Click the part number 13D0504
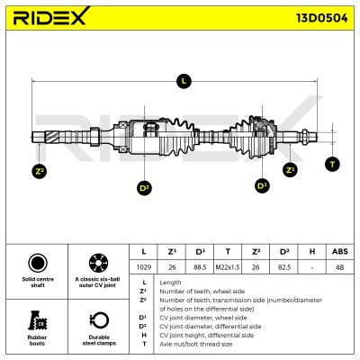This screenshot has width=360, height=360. click(322, 18)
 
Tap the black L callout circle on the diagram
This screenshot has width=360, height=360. click(184, 81)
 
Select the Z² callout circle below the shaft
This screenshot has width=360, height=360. click(40, 171)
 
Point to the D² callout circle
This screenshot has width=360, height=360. click(144, 187)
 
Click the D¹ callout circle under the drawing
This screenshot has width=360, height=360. click(262, 185)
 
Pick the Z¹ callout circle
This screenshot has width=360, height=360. click(290, 170)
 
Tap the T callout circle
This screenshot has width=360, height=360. click(332, 164)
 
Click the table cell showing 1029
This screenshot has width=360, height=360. click(144, 267)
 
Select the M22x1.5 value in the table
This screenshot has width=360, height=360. click(228, 267)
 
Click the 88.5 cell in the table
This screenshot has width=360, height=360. click(200, 267)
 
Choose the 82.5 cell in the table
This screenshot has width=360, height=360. click(283, 267)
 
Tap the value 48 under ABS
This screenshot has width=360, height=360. click(340, 267)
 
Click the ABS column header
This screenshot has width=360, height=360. click(340, 251)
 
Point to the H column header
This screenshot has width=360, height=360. click(312, 251)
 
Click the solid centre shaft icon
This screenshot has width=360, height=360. click(38, 263)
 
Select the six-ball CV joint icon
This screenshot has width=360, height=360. click(98, 263)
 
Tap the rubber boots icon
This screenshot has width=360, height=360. click(38, 320)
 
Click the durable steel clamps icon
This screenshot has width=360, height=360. click(99, 320)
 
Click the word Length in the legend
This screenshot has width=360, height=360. click(170, 283)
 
